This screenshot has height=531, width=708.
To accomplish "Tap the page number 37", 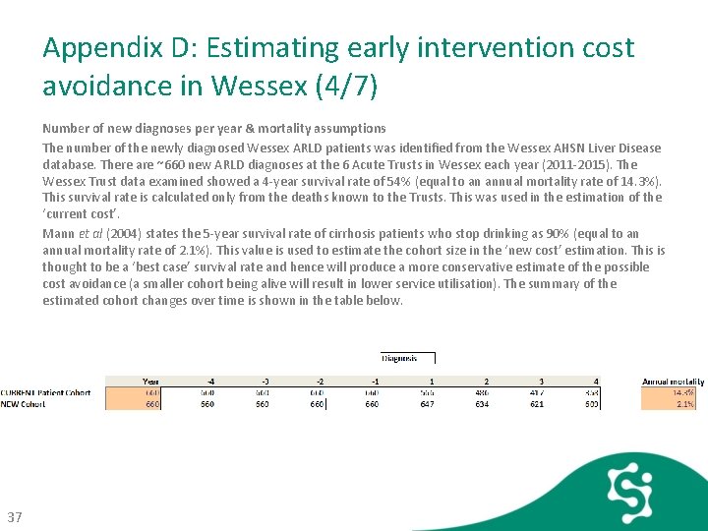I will (x=15, y=517).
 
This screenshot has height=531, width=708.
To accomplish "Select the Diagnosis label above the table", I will (x=406, y=359).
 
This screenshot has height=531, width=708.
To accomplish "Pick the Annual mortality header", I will (x=669, y=382).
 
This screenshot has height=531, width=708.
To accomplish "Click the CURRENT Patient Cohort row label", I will (x=45, y=392).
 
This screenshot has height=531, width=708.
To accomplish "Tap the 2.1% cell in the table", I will (x=685, y=403).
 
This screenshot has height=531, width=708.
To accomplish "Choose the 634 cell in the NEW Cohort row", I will (x=483, y=403).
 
